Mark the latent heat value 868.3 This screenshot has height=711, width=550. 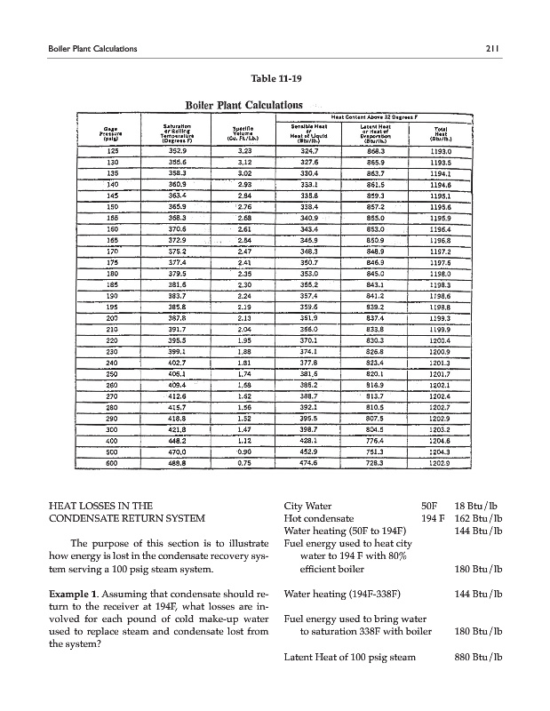click(363, 151)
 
